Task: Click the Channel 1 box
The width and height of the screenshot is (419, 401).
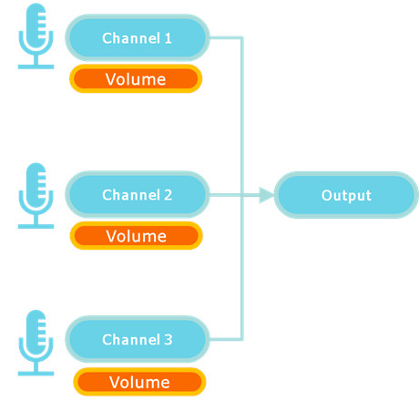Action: click(138, 37)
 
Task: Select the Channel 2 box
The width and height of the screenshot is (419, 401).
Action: click(138, 194)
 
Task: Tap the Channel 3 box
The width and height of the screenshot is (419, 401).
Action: click(138, 339)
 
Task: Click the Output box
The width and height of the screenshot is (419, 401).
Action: click(346, 195)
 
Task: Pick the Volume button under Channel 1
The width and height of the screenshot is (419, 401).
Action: click(136, 78)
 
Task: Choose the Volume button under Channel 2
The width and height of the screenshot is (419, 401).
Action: click(137, 235)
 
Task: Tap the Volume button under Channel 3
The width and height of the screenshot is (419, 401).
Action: click(139, 382)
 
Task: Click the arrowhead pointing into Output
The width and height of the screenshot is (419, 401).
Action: click(266, 195)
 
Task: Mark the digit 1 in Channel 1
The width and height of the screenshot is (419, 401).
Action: click(169, 38)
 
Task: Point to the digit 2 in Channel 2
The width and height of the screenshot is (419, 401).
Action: click(169, 195)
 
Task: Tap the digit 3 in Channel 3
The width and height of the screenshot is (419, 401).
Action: click(169, 340)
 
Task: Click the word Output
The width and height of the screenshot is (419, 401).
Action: click(346, 195)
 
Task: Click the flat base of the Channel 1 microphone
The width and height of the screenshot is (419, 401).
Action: click(36, 67)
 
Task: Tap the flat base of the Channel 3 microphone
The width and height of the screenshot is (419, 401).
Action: click(36, 374)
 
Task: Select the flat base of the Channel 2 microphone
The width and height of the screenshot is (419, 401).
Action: click(36, 226)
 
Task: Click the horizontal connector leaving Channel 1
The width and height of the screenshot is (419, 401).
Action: click(226, 37)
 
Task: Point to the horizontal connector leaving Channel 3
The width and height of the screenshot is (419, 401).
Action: click(226, 339)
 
